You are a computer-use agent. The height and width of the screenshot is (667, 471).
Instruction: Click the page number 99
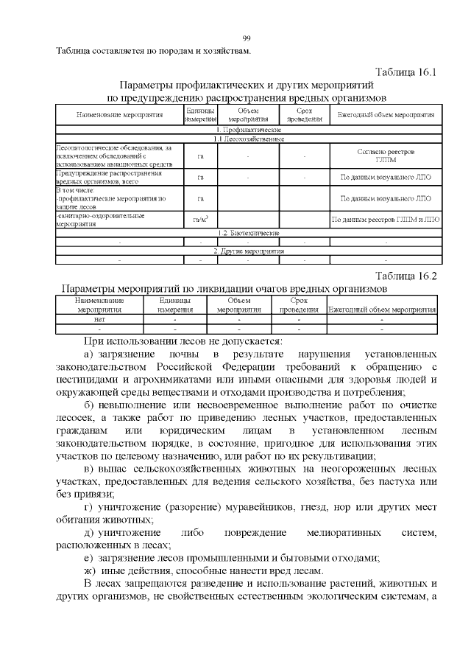click(247, 39)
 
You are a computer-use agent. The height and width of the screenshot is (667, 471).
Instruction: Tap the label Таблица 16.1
click(406, 73)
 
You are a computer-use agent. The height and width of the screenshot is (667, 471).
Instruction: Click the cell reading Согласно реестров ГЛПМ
click(385, 156)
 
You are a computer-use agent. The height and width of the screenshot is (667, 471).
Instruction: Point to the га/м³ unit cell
click(200, 220)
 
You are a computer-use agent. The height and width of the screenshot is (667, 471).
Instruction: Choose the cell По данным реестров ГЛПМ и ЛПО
click(385, 220)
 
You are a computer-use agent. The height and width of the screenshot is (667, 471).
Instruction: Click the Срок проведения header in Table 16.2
click(298, 305)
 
